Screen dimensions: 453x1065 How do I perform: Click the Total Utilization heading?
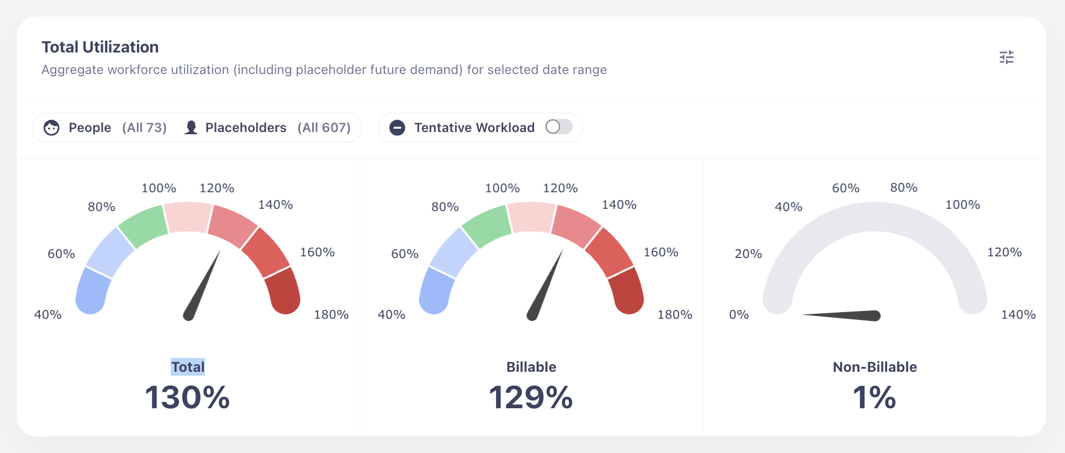(x=100, y=47)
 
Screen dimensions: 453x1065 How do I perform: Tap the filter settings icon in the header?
(x=1006, y=57)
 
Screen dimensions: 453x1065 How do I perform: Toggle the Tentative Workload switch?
(x=559, y=127)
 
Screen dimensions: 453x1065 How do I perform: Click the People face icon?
(x=51, y=128)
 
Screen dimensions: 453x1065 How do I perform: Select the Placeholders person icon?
(x=191, y=128)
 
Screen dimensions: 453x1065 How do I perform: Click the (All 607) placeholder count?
(x=324, y=128)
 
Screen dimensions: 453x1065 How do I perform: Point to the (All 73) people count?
(x=144, y=128)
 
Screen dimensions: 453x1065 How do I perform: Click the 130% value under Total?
(x=187, y=397)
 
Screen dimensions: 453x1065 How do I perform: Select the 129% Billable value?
(x=531, y=397)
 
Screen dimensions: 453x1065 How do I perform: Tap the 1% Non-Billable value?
(x=874, y=397)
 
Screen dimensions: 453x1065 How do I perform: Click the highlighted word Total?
(x=188, y=367)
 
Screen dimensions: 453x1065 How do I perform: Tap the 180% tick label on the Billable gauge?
(x=674, y=315)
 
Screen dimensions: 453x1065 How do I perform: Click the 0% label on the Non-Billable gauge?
(x=739, y=315)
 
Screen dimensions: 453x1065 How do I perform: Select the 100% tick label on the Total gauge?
(x=159, y=188)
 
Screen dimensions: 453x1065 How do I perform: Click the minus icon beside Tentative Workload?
(x=397, y=128)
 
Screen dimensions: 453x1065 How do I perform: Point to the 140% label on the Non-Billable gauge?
(x=1018, y=315)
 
